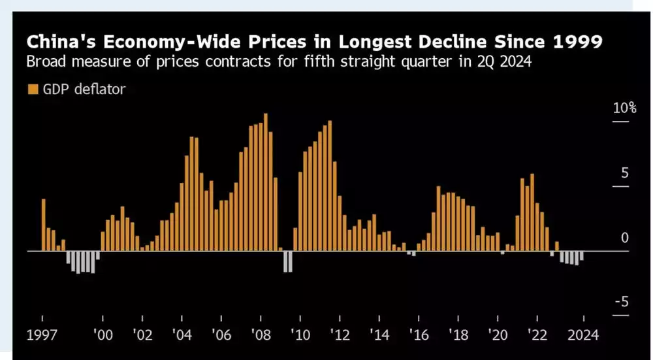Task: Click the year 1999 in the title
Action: pos(577,42)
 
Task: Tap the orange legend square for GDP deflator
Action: pos(32,90)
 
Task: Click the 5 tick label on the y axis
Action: pos(624,173)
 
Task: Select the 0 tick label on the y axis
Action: pos(624,238)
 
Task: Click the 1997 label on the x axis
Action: pos(42,335)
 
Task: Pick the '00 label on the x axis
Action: pos(103,335)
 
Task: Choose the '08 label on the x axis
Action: pos(261,335)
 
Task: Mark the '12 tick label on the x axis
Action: pos(340,335)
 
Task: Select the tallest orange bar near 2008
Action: pos(266,182)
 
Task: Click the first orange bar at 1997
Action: pos(44,225)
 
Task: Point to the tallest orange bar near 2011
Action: pos(330,186)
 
